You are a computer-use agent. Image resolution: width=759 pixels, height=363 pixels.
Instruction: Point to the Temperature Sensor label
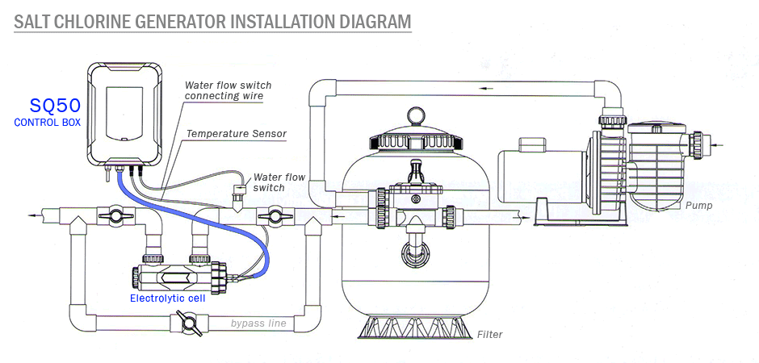(237, 134)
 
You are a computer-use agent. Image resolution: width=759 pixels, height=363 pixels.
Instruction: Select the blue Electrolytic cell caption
(167, 298)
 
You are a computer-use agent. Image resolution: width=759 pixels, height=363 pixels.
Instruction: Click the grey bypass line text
(258, 323)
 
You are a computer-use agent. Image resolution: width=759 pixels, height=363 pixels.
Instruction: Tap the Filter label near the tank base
(490, 334)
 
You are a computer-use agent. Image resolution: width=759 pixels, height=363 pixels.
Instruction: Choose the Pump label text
(698, 206)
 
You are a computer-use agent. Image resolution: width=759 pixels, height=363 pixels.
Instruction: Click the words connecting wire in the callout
(224, 96)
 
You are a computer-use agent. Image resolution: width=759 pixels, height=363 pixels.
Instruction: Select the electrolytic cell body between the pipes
(174, 275)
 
